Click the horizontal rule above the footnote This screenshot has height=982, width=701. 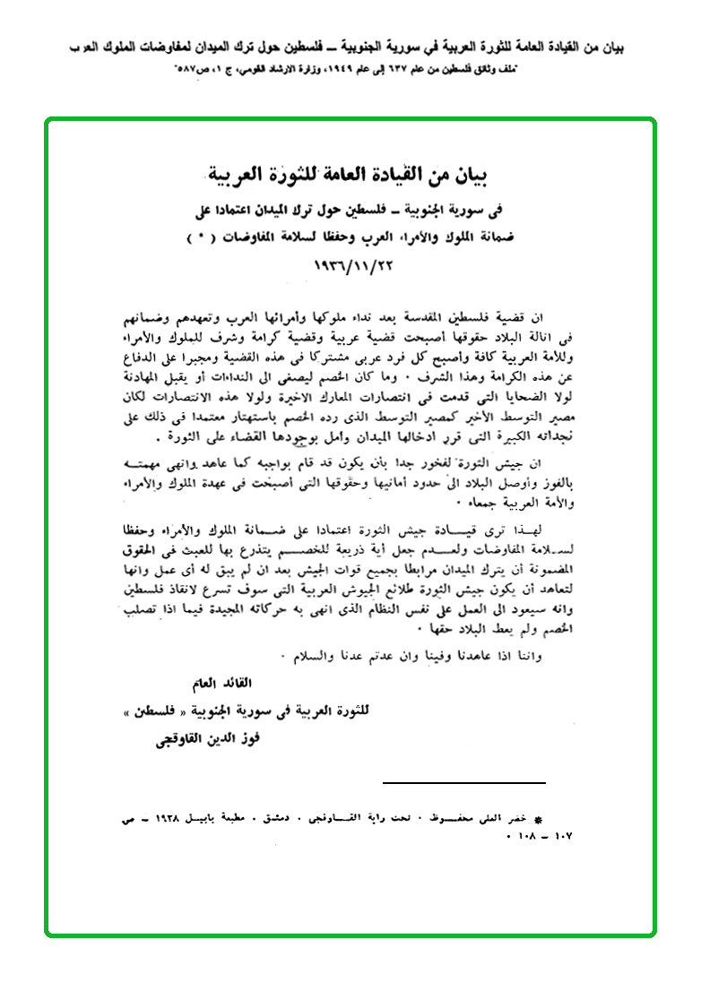pos(463,782)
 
